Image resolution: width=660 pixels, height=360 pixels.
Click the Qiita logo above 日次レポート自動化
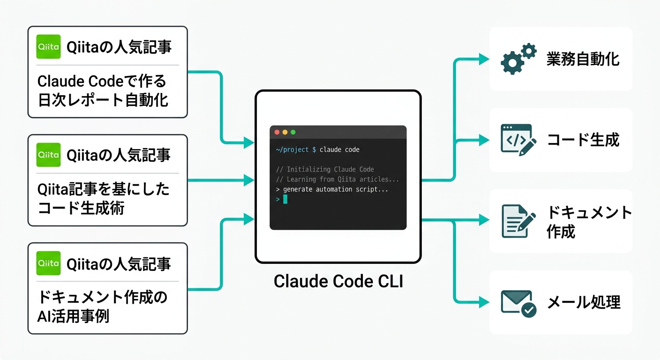click(48, 46)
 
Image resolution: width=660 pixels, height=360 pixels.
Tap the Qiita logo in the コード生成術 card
click(48, 155)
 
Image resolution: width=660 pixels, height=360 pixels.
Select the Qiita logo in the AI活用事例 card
click(48, 263)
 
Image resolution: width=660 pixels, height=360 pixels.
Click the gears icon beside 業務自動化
click(518, 59)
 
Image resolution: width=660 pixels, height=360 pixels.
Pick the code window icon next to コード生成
click(518, 139)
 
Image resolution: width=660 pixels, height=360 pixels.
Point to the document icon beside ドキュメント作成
click(518, 220)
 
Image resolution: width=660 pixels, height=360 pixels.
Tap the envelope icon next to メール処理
click(518, 302)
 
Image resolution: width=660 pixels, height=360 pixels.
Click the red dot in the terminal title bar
click(277, 132)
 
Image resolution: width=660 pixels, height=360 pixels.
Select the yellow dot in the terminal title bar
click(285, 132)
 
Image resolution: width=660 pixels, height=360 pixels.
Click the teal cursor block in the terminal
click(285, 199)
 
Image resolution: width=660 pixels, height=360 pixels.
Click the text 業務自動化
click(583, 59)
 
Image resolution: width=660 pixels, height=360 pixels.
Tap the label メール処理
click(584, 302)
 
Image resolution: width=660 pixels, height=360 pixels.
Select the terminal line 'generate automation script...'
click(335, 189)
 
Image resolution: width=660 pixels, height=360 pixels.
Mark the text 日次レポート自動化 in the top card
click(103, 100)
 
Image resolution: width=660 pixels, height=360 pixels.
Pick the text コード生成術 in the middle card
click(81, 208)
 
